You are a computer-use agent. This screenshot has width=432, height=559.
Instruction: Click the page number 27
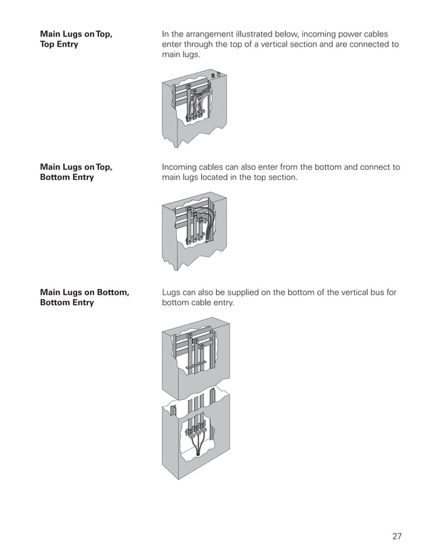pos(397,536)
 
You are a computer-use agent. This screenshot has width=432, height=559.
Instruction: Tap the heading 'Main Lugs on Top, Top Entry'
pos(76,39)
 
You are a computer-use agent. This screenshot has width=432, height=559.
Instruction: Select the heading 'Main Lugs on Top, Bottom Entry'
pos(76,173)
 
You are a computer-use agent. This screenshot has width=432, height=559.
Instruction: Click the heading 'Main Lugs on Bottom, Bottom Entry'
pos(84,298)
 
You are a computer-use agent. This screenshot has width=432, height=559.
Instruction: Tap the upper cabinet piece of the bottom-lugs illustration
pos(196,359)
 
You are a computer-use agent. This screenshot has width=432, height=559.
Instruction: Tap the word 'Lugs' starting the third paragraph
pos(173,292)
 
